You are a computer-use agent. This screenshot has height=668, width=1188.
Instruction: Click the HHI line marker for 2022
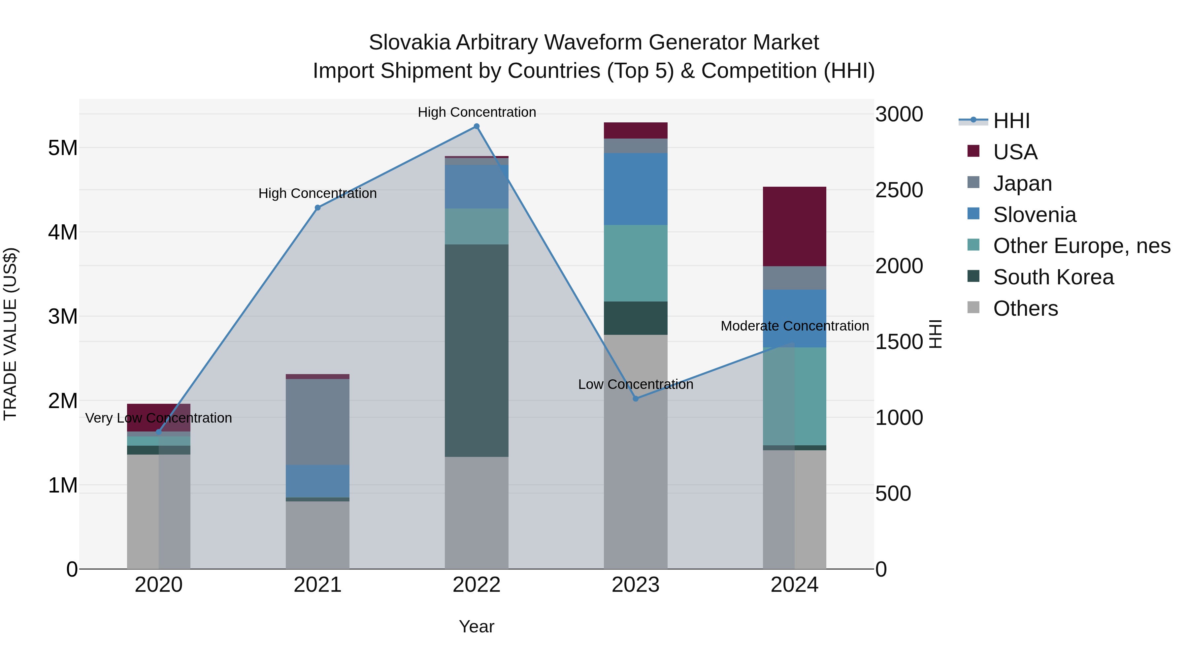tap(477, 126)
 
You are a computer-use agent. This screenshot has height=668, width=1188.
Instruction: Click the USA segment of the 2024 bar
tap(794, 226)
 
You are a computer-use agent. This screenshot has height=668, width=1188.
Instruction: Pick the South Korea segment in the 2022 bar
tap(477, 350)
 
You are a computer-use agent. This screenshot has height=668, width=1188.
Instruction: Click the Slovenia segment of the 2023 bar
tap(636, 189)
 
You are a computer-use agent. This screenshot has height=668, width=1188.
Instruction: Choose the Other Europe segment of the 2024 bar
tap(794, 397)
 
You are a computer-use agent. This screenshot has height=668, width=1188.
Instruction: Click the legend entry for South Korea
tap(1053, 277)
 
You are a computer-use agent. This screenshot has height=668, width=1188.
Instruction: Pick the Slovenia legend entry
tap(1035, 215)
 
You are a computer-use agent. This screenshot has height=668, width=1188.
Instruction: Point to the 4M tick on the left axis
tap(63, 232)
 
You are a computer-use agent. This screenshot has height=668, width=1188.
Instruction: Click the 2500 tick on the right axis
tap(899, 190)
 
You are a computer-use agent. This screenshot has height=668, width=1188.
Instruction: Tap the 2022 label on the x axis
tap(477, 585)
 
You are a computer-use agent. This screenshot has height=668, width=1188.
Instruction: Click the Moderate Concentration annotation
tap(794, 326)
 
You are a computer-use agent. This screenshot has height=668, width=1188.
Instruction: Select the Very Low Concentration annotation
tap(159, 418)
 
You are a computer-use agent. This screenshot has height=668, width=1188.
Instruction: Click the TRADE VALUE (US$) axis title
tap(10, 334)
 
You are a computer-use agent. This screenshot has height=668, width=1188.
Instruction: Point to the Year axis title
tap(477, 626)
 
